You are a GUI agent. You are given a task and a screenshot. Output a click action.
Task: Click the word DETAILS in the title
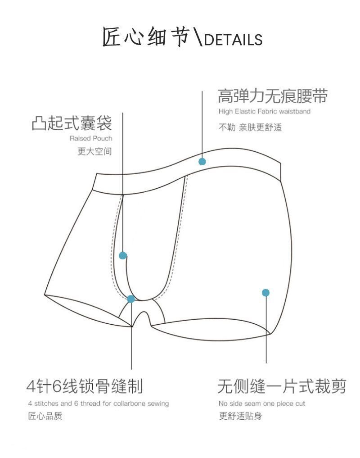(x=233, y=40)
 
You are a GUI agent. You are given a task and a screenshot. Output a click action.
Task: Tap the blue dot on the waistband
(x=202, y=161)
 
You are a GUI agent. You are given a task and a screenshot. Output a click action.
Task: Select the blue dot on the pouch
(x=123, y=255)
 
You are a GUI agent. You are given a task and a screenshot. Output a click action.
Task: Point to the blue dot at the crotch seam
(x=131, y=299)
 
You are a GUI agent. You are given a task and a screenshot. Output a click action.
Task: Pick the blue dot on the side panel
(x=266, y=293)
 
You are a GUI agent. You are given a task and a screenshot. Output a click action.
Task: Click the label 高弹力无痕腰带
(x=273, y=96)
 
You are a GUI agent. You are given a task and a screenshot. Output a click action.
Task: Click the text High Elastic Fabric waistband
(x=265, y=111)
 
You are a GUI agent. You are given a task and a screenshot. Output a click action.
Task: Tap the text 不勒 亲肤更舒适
(x=250, y=127)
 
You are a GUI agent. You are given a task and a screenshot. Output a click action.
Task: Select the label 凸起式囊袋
(x=72, y=123)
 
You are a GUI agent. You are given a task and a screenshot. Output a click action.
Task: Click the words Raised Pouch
(x=91, y=138)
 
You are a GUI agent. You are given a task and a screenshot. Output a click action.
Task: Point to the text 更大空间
(x=94, y=151)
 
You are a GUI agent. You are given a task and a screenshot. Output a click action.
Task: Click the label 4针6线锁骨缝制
(x=84, y=386)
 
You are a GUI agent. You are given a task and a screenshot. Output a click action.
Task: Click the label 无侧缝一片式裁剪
(x=282, y=386)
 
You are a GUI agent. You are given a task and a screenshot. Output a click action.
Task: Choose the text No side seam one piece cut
(x=262, y=404)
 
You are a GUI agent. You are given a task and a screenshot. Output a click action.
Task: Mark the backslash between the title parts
(x=197, y=38)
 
